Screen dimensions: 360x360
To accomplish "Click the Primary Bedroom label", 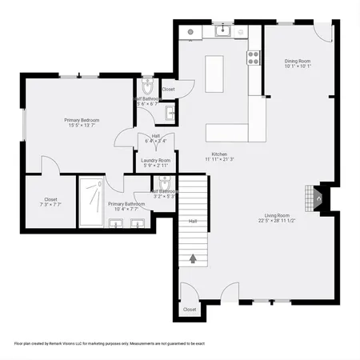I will click(80, 120).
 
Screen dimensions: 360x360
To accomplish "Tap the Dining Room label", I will click(297, 61).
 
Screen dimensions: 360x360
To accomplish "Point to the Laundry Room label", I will click(155, 160).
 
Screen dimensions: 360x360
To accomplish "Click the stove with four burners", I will click(254, 57).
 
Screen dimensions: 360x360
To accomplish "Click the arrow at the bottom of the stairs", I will click(193, 258).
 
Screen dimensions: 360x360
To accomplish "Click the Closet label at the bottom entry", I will click(190, 309).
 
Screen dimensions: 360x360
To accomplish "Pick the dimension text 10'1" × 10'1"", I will click(297, 66).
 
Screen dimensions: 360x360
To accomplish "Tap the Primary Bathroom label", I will click(126, 204).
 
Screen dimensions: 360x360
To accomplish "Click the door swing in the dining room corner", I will click(322, 33).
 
